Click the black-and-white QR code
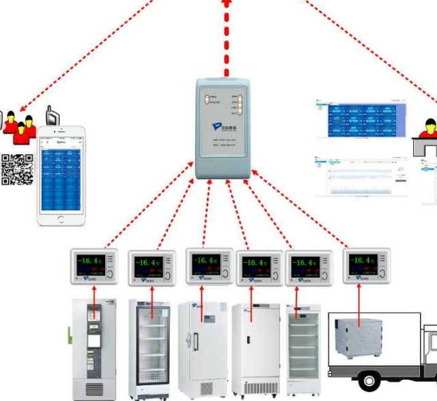(x=17, y=170)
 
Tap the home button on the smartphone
(x=62, y=219)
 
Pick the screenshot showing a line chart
(x=361, y=175)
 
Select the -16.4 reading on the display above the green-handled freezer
(x=91, y=261)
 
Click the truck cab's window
(x=432, y=340)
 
